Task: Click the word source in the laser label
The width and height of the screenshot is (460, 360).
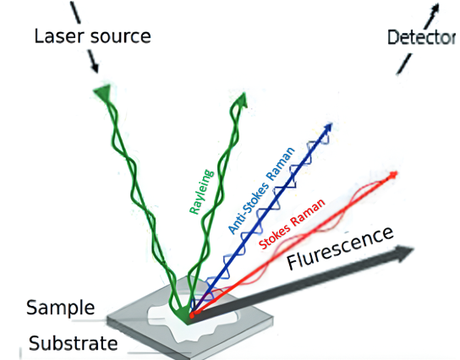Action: pos(121,37)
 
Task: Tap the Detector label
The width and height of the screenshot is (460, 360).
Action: pos(422,37)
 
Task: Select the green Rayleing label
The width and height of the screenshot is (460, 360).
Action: pos(201,192)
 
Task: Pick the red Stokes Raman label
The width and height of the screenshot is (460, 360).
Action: pos(293,224)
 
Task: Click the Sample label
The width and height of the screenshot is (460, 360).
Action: pos(60,308)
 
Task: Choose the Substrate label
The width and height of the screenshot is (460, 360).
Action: pos(74,343)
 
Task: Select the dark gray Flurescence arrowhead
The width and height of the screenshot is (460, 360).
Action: pos(404,253)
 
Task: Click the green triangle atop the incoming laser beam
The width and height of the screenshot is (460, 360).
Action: pos(102,91)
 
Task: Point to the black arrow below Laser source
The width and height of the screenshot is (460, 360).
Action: pos(93,62)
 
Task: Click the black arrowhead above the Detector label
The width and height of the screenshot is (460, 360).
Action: pos(435,8)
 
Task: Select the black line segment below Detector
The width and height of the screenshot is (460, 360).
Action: pos(404,63)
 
